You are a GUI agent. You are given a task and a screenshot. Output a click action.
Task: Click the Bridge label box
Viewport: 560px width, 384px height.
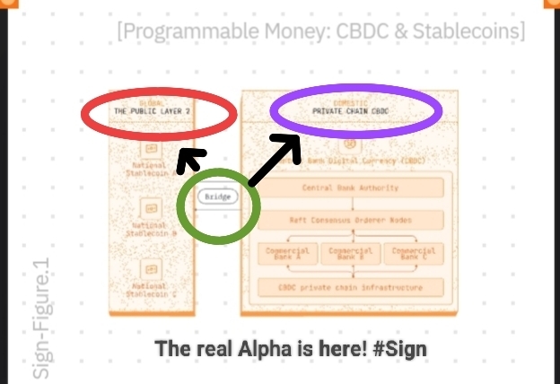click(x=218, y=196)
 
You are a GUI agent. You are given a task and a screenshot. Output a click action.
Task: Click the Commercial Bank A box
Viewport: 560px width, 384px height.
click(x=287, y=254)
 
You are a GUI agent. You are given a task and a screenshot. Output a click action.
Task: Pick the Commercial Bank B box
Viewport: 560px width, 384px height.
click(x=350, y=254)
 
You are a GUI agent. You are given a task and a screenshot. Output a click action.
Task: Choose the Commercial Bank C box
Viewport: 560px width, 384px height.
click(x=414, y=254)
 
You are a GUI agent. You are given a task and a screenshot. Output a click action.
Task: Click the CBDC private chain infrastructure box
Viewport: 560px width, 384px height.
click(x=351, y=288)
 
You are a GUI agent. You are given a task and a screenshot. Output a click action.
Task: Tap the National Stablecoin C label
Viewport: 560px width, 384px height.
click(x=150, y=289)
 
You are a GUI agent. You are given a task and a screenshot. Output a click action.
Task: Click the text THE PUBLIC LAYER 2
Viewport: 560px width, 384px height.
click(x=152, y=111)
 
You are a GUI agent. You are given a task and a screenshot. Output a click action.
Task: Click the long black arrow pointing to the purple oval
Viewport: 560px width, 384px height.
click(x=274, y=161)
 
